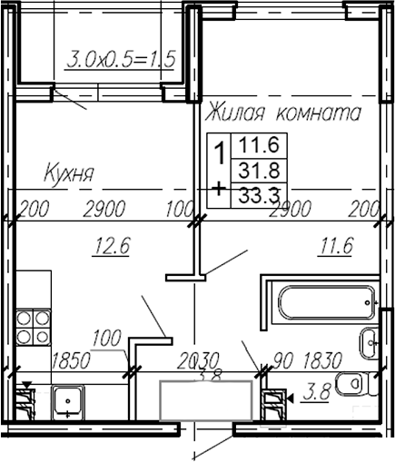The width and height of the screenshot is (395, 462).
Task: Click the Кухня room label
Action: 71,172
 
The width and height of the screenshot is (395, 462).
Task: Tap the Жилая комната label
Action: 283,113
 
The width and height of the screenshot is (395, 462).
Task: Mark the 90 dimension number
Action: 275,360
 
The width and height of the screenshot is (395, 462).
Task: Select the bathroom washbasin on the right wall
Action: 370,342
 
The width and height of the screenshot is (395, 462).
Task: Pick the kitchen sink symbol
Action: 67,399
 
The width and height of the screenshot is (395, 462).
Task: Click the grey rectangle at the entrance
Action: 206,400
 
